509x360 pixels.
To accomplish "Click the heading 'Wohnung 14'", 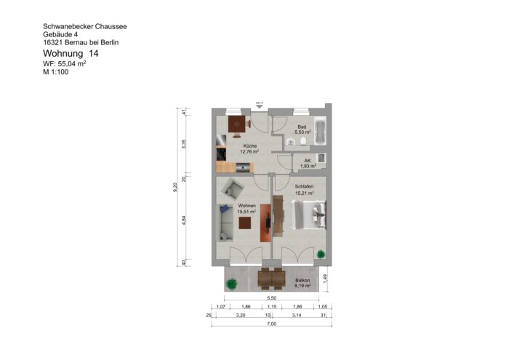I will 70,54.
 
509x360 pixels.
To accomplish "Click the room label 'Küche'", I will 250,145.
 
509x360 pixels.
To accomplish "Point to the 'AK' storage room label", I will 307,161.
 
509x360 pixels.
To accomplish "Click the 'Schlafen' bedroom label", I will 304,186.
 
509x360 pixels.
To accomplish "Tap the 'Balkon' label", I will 302,280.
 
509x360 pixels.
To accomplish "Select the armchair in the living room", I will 233,190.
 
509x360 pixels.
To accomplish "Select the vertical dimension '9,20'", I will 175,187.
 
